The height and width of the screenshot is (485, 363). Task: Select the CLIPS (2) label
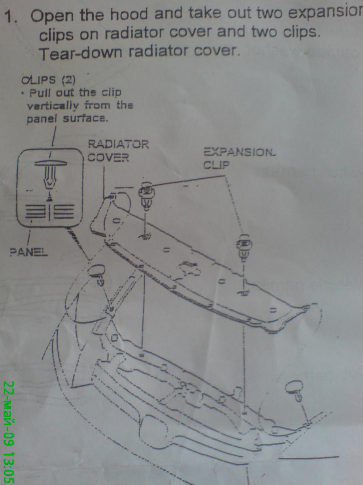point(49,80)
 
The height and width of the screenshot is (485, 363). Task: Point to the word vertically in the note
point(51,106)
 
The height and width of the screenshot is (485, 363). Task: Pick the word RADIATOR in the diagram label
point(118,145)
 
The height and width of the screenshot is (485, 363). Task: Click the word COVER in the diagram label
point(108,158)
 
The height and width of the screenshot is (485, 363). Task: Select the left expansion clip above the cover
point(146,196)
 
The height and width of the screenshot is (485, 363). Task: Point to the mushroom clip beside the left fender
point(99,273)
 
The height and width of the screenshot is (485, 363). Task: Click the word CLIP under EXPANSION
point(216,165)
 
